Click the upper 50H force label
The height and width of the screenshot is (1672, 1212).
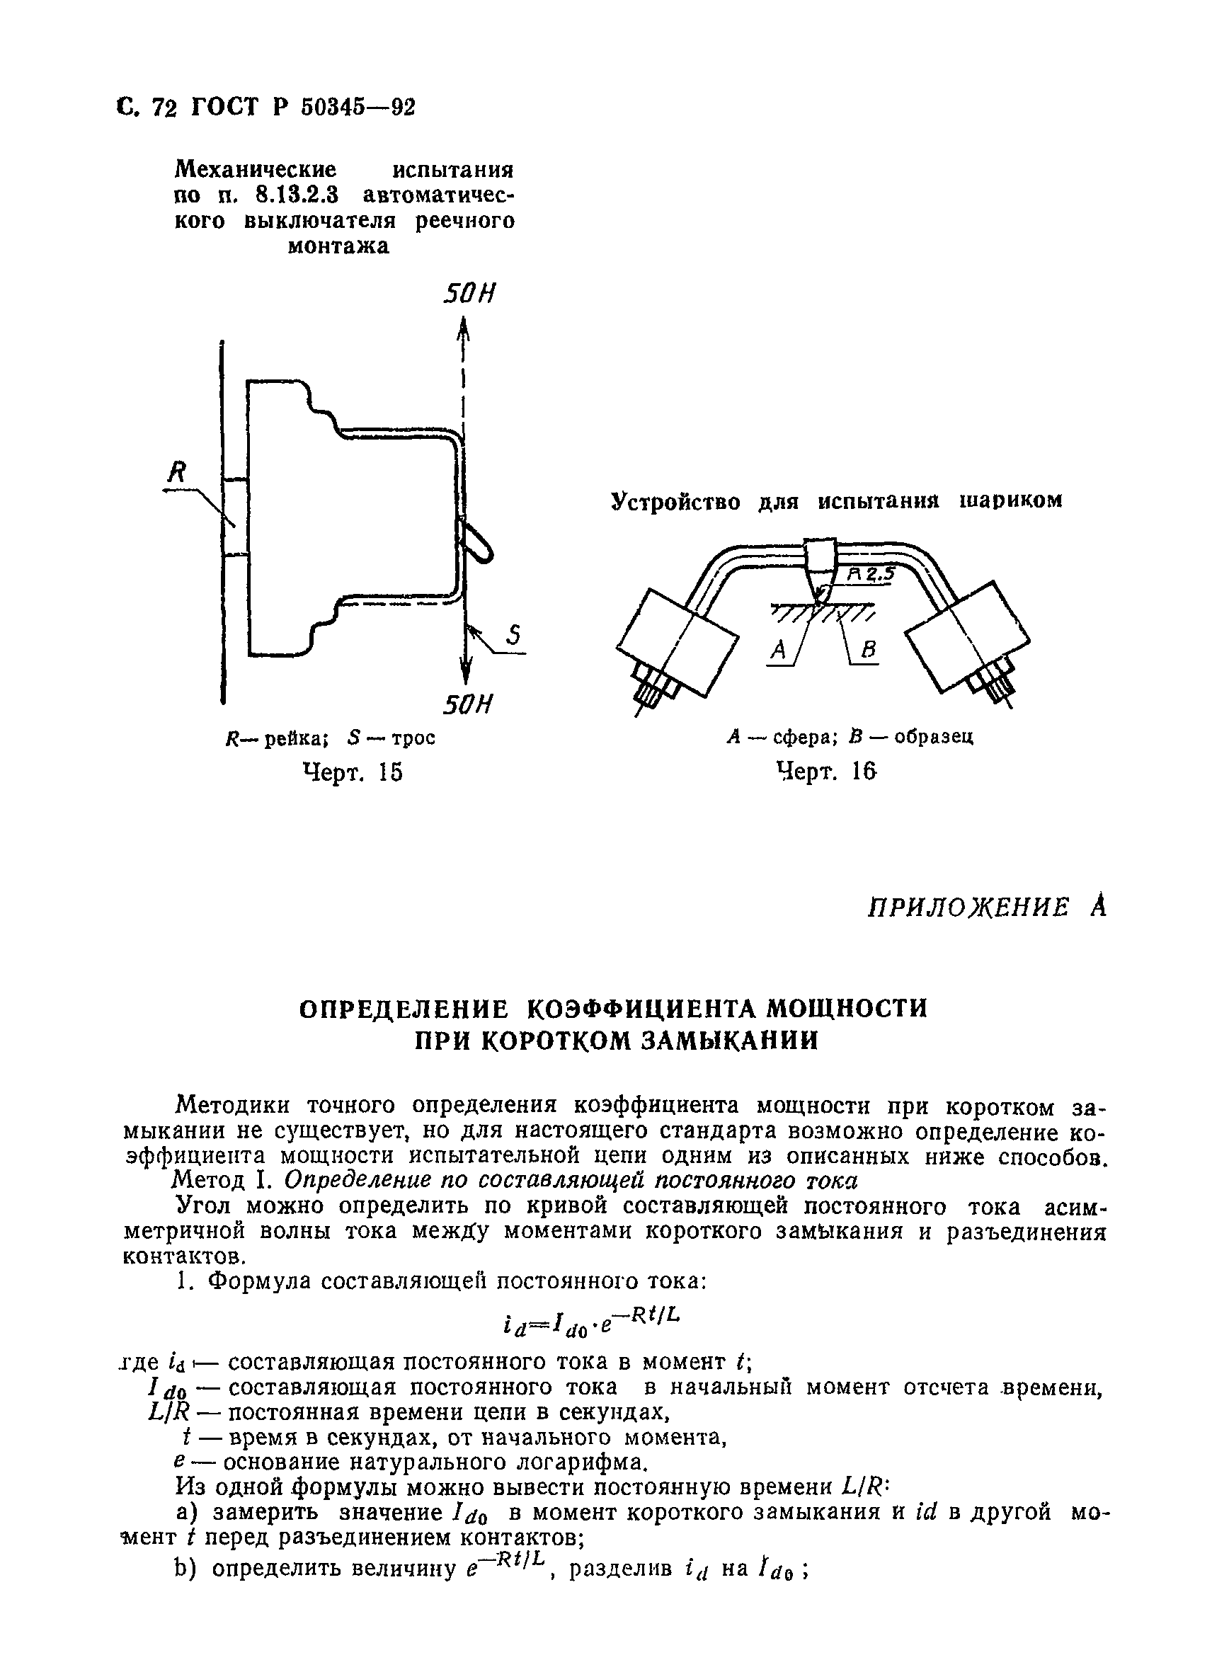tap(468, 293)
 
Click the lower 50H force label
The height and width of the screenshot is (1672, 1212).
tap(467, 705)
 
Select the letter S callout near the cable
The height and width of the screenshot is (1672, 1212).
tap(514, 635)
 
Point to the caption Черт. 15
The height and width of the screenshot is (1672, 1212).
tap(353, 772)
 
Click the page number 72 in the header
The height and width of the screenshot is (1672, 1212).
tap(164, 108)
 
